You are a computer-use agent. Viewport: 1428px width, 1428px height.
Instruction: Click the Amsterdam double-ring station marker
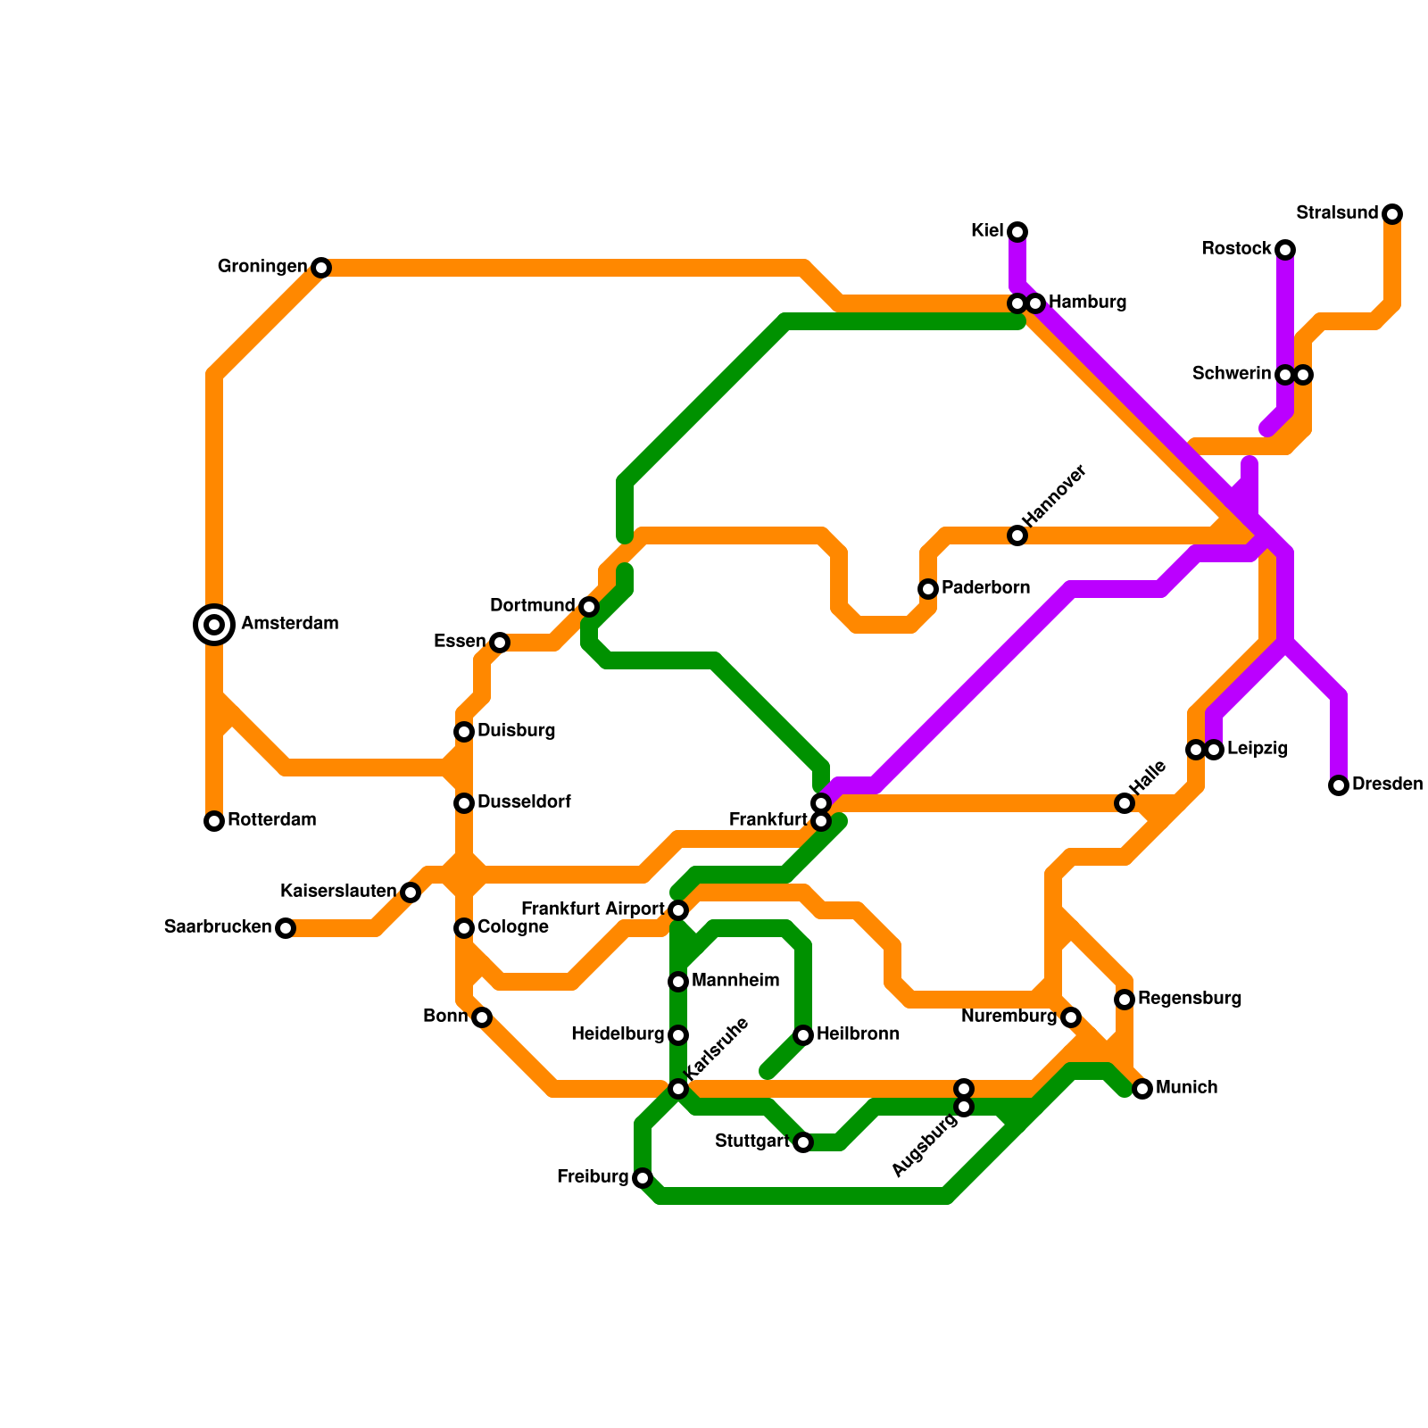click(214, 625)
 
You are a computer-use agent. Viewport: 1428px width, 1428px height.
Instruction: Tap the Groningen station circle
click(321, 268)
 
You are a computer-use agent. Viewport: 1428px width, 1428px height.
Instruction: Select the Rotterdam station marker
click(214, 821)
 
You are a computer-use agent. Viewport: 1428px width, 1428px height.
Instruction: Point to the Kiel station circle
click(1017, 232)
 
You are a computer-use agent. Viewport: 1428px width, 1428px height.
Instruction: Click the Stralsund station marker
click(1392, 214)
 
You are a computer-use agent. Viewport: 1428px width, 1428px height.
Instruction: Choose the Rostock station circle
click(1285, 249)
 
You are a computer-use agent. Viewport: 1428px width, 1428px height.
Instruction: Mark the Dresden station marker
click(1338, 785)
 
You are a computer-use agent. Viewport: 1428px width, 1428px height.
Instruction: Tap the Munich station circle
click(1142, 1089)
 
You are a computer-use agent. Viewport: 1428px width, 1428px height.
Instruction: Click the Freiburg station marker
click(643, 1178)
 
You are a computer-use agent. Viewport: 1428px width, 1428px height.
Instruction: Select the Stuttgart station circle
click(803, 1142)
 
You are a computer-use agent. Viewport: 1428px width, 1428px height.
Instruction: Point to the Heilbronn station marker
click(803, 1035)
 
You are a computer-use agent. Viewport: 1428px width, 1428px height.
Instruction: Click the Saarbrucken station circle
click(285, 928)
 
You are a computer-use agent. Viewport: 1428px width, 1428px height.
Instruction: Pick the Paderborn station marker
click(928, 589)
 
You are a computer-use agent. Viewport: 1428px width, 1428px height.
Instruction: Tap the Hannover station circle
click(1017, 535)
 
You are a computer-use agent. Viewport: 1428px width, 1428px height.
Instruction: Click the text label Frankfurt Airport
click(593, 909)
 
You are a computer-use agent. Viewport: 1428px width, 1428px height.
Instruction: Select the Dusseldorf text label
click(524, 802)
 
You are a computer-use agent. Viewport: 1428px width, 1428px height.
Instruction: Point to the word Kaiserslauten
click(338, 892)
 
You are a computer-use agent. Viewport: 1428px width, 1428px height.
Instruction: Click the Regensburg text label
click(1190, 999)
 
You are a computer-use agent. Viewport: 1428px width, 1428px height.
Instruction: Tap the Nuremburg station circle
click(1071, 1017)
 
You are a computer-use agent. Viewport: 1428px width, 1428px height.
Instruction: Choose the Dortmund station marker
click(589, 607)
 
